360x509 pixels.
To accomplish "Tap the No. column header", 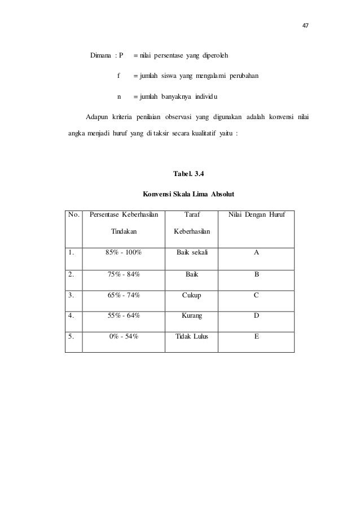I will (73, 214).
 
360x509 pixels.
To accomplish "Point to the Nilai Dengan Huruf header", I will (256, 214).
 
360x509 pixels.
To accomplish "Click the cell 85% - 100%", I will (123, 253).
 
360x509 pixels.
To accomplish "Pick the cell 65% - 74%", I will (123, 295).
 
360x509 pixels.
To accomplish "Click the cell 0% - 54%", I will (123, 336).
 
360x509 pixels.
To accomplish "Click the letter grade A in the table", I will (256, 253).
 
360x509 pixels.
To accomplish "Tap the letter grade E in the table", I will (256, 336).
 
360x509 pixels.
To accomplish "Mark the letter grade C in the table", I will (256, 295).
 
